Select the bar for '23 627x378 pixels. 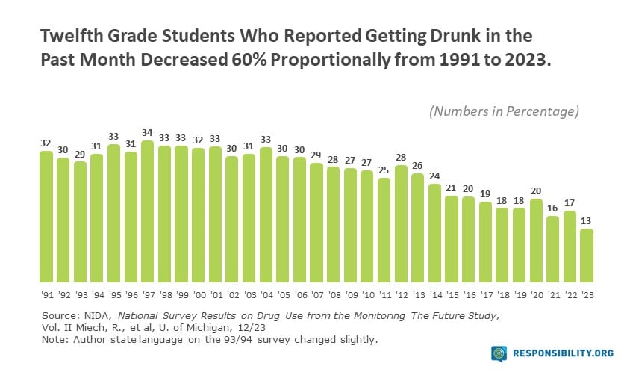pos(587,255)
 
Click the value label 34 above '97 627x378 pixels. pos(148,134)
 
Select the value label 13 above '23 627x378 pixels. pos(587,221)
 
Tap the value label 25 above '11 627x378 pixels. pos(384,170)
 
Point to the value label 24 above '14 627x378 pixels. pos(434,176)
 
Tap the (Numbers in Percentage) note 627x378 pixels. pos(504,111)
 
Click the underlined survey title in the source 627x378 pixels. pos(308,316)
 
